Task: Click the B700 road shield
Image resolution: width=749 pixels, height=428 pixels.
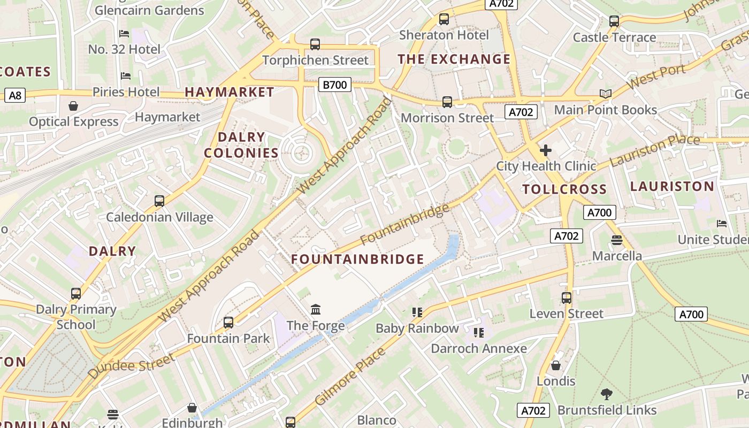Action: [335, 85]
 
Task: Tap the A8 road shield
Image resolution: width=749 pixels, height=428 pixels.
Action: [15, 96]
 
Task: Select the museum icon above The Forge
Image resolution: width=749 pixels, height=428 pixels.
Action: [316, 309]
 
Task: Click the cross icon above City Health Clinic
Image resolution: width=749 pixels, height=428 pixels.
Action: [545, 150]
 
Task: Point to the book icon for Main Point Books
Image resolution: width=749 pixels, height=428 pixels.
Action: [605, 94]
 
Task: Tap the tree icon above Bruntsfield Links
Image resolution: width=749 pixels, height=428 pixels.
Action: [606, 394]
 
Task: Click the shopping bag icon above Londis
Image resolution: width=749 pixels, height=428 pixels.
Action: [556, 365]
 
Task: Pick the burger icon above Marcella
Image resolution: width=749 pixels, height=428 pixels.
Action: [616, 240]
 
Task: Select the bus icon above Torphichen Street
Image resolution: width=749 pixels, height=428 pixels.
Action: [315, 44]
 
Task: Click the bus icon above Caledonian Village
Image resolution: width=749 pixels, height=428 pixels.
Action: [159, 201]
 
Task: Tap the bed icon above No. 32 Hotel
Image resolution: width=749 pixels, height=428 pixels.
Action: [124, 34]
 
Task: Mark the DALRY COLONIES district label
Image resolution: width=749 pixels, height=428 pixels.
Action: [241, 145]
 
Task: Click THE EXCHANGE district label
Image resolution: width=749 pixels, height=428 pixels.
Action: [454, 59]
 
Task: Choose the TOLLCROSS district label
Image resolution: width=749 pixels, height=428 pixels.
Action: [564, 189]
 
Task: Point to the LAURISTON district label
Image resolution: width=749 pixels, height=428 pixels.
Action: [672, 186]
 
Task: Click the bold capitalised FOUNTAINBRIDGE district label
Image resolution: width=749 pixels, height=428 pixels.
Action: [357, 259]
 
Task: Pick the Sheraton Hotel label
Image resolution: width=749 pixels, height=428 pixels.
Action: [444, 35]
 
